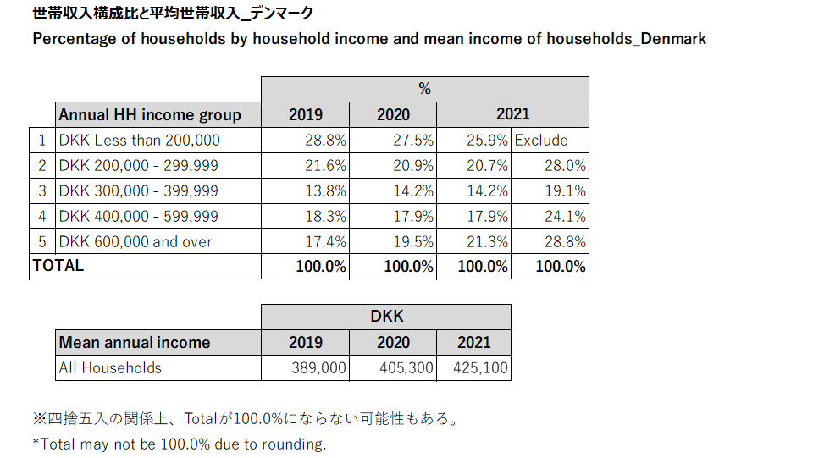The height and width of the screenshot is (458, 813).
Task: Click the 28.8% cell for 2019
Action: tap(325, 140)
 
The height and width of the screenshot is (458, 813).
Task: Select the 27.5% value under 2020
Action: tap(413, 140)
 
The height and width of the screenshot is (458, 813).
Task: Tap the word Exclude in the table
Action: tap(541, 140)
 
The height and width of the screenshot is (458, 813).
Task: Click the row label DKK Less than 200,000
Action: tap(139, 140)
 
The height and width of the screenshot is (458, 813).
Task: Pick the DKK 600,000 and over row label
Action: tap(135, 241)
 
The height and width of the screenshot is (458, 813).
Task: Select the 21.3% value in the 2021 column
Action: tap(487, 241)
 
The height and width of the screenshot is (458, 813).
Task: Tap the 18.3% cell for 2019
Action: tap(325, 216)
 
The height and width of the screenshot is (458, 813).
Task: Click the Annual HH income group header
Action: tap(150, 114)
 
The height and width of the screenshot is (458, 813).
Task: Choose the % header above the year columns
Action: tap(424, 89)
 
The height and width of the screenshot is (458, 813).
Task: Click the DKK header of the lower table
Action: tap(386, 317)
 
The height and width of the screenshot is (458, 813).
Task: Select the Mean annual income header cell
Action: tap(135, 342)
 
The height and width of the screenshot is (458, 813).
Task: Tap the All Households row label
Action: tap(110, 367)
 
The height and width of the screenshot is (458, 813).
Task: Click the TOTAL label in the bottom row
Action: tap(58, 265)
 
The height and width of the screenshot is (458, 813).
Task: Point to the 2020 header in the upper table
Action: tap(393, 114)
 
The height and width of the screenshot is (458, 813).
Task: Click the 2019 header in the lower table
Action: tap(306, 342)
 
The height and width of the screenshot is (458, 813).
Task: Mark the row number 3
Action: tap(42, 190)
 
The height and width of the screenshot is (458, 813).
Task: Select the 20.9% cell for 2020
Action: tap(413, 165)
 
